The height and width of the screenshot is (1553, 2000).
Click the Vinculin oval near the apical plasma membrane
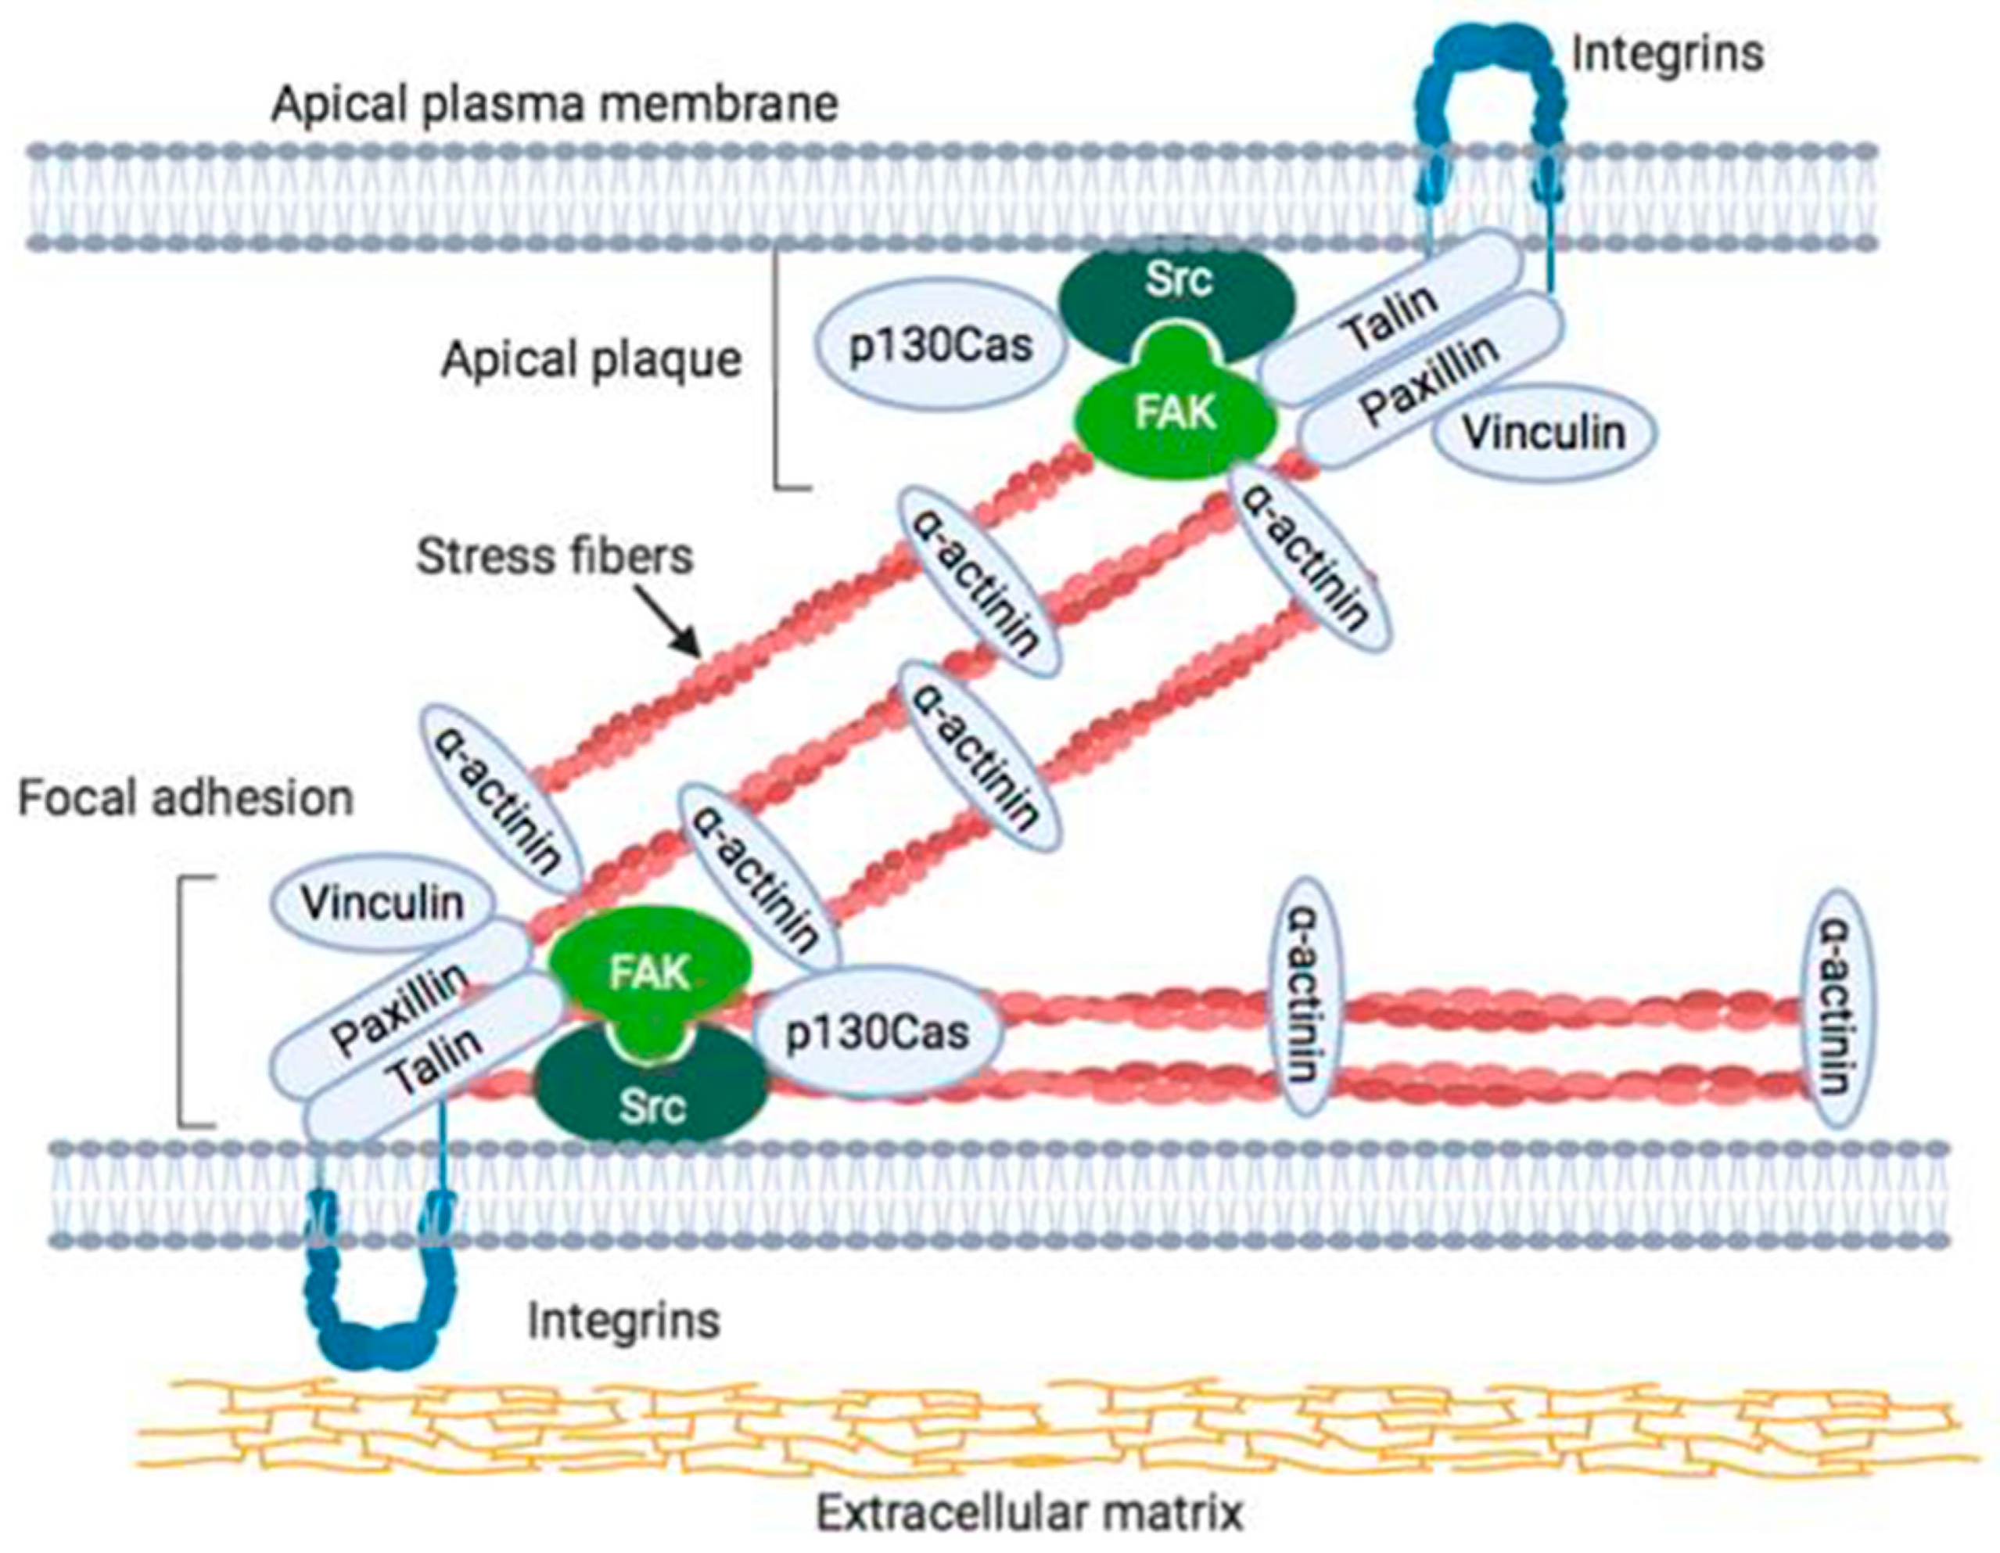click(1544, 433)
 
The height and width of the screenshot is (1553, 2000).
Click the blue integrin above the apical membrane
click(1488, 74)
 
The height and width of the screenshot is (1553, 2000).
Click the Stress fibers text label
click(555, 557)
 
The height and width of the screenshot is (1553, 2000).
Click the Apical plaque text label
click(591, 360)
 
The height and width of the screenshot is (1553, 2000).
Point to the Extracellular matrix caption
click(1029, 1514)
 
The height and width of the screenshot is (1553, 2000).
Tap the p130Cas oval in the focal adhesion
click(876, 1034)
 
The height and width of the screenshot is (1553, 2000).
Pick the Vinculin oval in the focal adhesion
click(382, 904)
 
